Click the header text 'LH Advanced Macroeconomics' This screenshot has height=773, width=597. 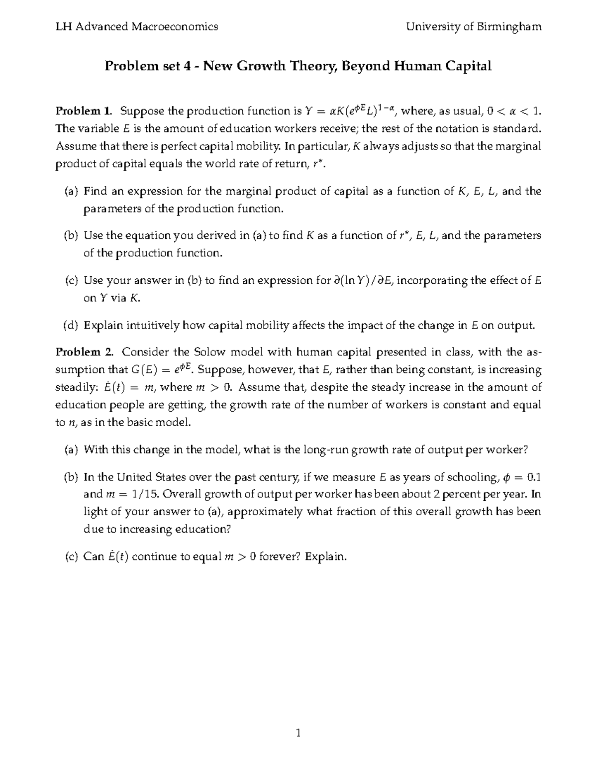tap(137, 27)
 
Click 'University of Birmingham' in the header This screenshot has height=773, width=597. tap(474, 27)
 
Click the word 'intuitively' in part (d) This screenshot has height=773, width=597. tap(148, 326)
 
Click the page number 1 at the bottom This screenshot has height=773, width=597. tap(298, 733)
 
